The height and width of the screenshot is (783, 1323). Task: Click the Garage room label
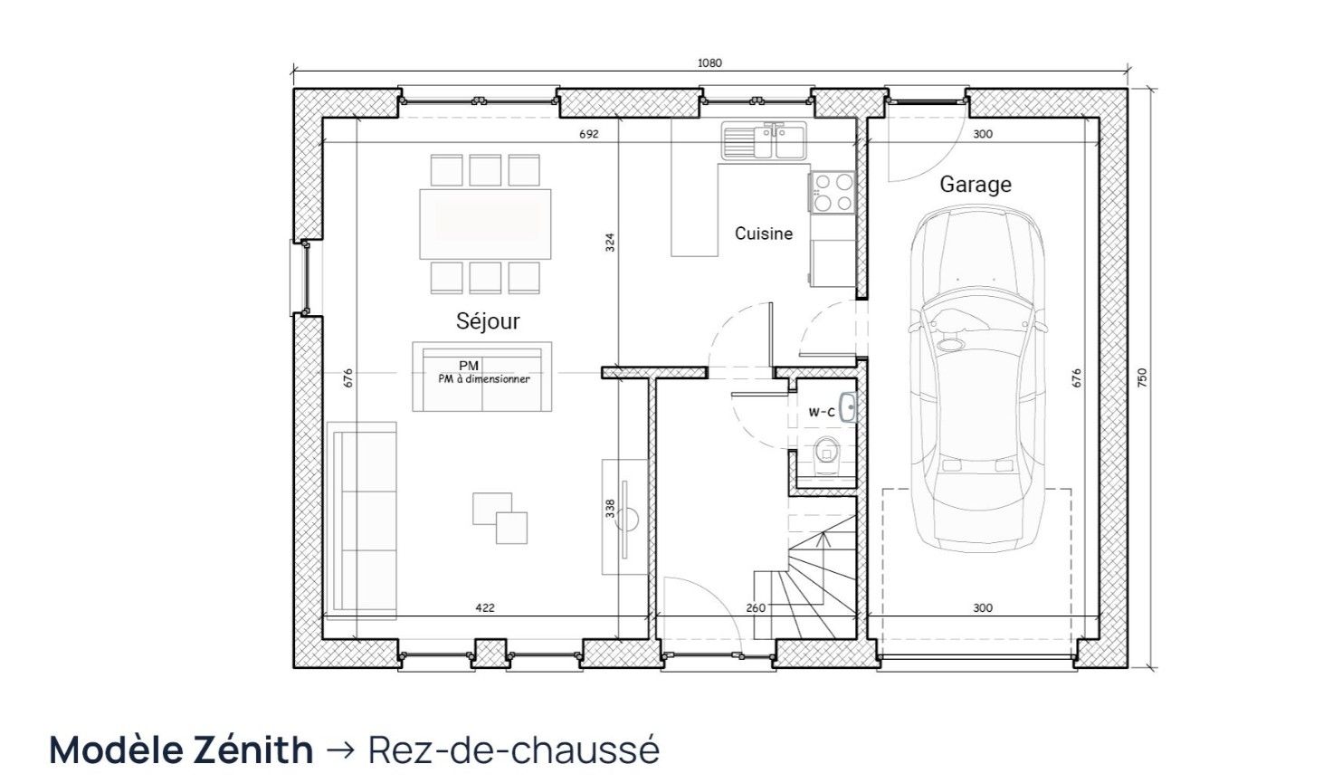coord(976,185)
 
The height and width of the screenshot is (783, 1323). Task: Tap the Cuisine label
coord(764,234)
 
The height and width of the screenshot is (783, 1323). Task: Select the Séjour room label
coord(488,320)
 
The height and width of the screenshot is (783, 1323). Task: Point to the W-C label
coord(822,413)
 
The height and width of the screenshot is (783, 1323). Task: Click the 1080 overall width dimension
coord(710,63)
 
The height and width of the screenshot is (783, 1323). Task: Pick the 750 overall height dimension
coord(1142,377)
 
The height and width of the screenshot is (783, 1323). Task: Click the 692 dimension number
coord(589,134)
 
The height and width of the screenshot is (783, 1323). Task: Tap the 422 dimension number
coord(485,607)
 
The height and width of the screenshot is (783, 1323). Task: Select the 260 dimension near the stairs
coord(756,607)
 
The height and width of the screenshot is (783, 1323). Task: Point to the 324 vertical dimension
coord(610,243)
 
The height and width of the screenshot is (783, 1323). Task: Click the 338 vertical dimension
coord(610,509)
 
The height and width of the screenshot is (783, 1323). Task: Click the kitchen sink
coord(764,140)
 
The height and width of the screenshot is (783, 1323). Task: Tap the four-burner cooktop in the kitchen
coord(833,192)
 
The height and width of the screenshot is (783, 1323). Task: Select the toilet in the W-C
coord(826,455)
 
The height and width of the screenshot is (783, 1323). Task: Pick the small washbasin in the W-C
coord(849,406)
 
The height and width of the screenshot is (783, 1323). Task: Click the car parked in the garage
coord(976,378)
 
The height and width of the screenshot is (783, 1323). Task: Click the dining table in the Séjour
coord(485,224)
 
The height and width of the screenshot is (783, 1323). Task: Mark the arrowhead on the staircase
coord(823,539)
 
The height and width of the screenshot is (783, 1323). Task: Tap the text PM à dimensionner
coord(484,379)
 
